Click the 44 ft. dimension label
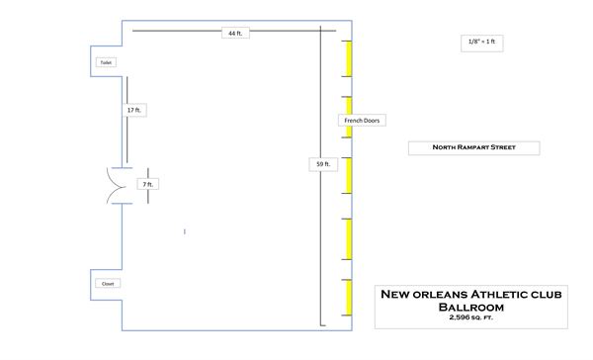point(235,33)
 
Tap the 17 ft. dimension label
point(133,110)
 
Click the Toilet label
point(106,62)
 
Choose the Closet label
point(107,284)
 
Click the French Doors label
point(362,121)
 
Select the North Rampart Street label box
point(474,148)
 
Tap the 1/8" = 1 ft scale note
point(480,42)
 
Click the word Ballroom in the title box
point(470,307)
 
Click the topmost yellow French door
point(349,58)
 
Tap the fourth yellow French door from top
point(349,235)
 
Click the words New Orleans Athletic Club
point(470,294)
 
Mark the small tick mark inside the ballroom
point(185,231)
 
